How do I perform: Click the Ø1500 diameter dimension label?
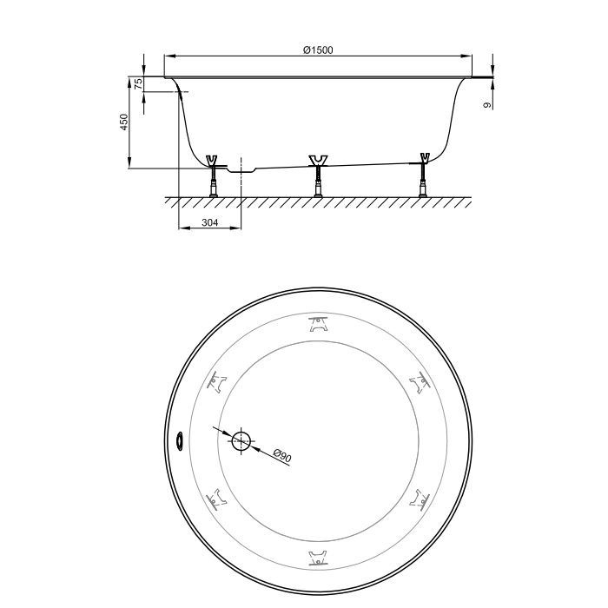point(318,50)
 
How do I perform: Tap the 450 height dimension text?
point(123,122)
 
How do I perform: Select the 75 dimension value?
point(138,83)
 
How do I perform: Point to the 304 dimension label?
point(210,222)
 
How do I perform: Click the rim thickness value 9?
point(488,105)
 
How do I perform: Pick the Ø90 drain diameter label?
point(282,455)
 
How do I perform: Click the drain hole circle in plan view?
point(241,441)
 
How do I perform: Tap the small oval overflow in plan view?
point(180,441)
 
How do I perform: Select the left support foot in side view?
point(213,176)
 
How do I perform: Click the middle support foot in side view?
point(318,176)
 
